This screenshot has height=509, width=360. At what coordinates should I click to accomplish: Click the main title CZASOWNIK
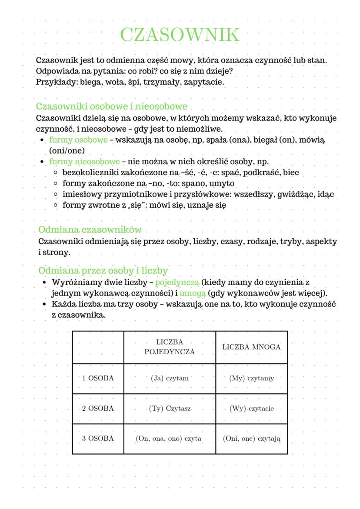180,35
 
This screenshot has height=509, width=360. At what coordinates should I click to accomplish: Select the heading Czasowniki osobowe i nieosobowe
112,106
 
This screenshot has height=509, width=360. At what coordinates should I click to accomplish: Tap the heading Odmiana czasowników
90,230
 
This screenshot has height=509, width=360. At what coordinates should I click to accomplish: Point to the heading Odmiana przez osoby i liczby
103,270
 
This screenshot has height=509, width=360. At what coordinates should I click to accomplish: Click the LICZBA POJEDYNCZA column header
170,347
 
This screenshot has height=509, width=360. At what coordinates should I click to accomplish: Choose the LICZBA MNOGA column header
251,347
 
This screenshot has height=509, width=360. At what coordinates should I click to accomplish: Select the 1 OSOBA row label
98,378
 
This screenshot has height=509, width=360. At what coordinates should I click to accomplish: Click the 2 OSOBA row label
98,409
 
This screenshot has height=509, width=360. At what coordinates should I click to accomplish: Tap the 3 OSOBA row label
98,439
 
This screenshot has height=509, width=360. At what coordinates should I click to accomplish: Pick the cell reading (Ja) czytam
170,378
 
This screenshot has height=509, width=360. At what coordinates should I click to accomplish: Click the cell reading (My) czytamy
251,378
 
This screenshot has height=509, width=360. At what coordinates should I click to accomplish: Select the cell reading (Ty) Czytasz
170,409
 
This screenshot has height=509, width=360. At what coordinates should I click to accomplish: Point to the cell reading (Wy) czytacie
251,409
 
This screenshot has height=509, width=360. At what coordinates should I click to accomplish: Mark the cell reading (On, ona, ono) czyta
170,439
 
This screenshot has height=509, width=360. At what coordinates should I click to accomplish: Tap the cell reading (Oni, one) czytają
251,439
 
